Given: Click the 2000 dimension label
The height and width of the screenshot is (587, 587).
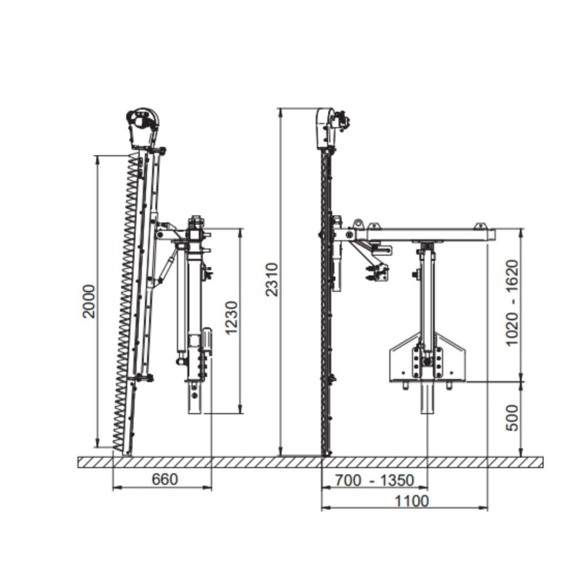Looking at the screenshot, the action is point(89,302).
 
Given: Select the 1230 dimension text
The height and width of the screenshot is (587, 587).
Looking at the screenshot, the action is point(231,318).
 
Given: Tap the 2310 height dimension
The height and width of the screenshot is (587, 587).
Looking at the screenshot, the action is point(272,280).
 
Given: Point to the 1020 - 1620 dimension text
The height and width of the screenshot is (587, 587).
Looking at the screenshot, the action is point(512,303).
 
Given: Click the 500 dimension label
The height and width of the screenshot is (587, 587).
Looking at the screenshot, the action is point(512,418).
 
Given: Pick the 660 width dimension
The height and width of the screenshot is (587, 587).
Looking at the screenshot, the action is point(165,479).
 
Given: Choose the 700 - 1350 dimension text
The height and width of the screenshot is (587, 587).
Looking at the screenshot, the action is point(374,480).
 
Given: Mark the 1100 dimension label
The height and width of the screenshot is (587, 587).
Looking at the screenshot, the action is point(412,501).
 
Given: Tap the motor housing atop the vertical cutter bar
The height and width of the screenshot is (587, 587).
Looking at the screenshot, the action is point(326,128).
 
